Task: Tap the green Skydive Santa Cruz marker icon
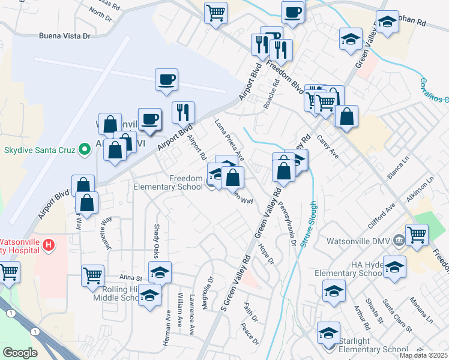85,149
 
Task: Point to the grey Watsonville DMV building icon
397,241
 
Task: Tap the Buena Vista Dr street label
64,36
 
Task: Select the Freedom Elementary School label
186,182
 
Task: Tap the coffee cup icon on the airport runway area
166,79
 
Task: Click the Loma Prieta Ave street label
230,140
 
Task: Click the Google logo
20,352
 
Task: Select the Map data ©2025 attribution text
423,355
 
